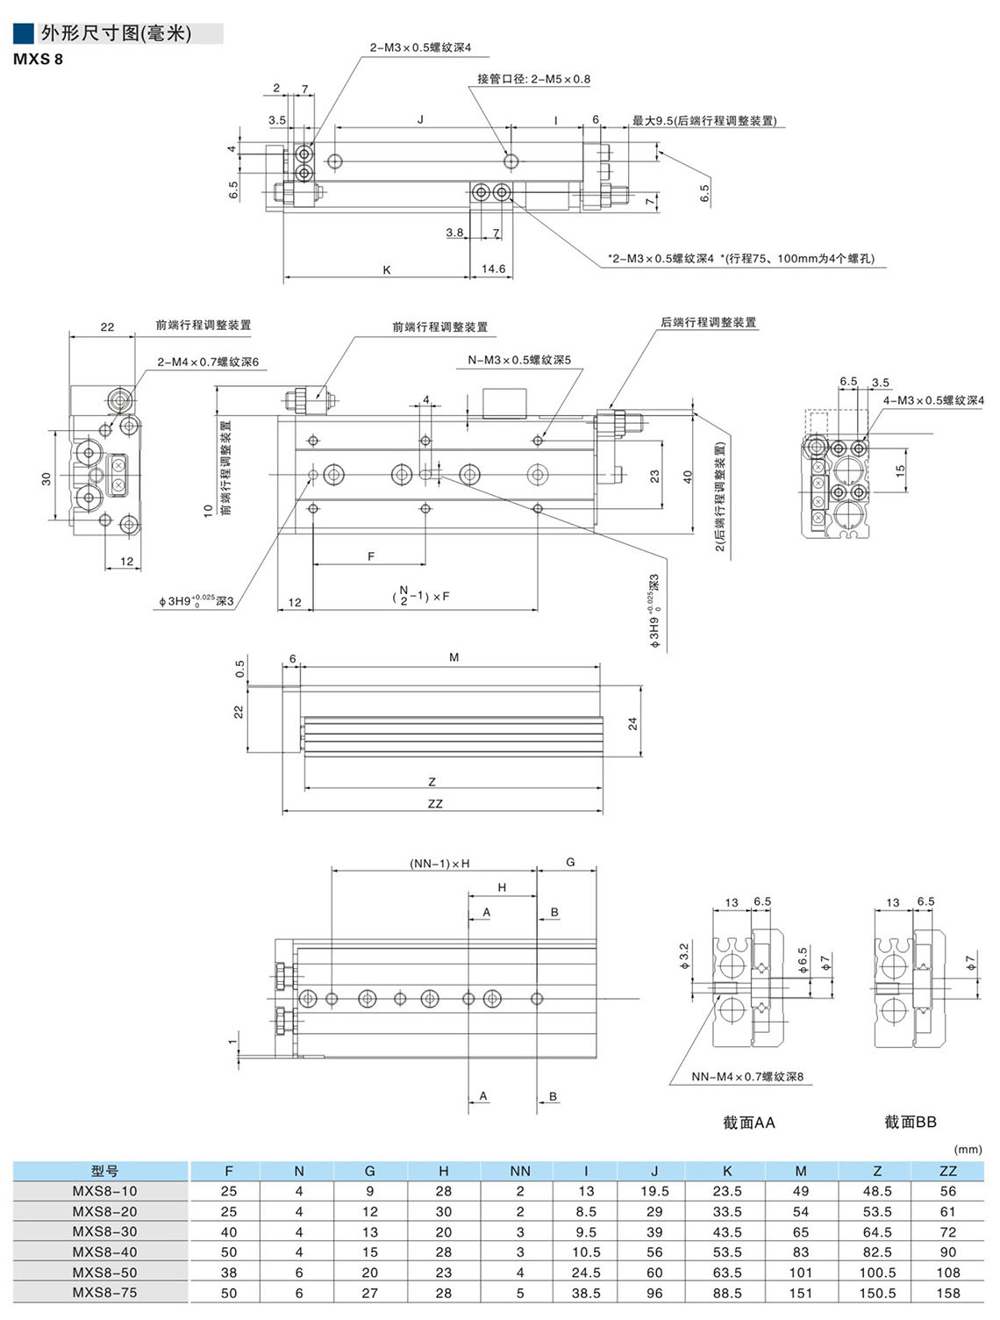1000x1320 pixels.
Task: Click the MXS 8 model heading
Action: pyautogui.click(x=38, y=60)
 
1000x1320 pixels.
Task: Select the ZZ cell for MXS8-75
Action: pyautogui.click(x=947, y=1293)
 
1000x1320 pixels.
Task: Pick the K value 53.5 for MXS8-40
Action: pyautogui.click(x=726, y=1252)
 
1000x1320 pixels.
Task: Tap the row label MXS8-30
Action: pyautogui.click(x=104, y=1232)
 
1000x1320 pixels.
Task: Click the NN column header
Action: pyautogui.click(x=520, y=1171)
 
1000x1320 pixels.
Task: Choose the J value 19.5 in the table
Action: pyautogui.click(x=654, y=1191)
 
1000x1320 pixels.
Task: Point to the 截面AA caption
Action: pyautogui.click(x=748, y=1123)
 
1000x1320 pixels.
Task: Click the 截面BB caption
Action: pyautogui.click(x=910, y=1123)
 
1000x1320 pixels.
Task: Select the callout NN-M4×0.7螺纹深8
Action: pyautogui.click(x=747, y=1077)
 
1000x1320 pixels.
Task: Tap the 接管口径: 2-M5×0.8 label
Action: pyautogui.click(x=533, y=79)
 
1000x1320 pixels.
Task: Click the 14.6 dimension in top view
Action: pyautogui.click(x=493, y=269)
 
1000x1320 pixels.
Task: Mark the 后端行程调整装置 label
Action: pyautogui.click(x=708, y=323)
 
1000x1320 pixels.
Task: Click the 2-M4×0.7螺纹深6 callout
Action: pyautogui.click(x=208, y=362)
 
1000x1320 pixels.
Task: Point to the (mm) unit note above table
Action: pyautogui.click(x=968, y=1150)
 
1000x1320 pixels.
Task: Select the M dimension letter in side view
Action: pyautogui.click(x=454, y=657)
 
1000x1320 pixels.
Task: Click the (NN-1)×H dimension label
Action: pyautogui.click(x=439, y=864)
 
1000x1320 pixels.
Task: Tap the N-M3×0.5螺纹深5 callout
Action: pyautogui.click(x=519, y=360)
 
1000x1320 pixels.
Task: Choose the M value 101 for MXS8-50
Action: pyautogui.click(x=800, y=1273)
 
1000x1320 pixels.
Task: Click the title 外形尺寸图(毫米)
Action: pyautogui.click(x=116, y=33)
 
